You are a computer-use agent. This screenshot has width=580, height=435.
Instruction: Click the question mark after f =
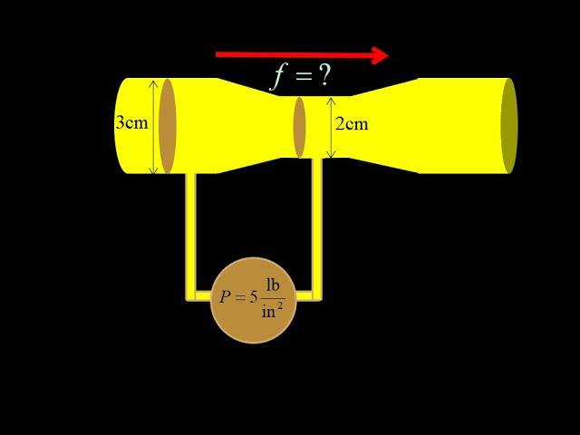click(324, 76)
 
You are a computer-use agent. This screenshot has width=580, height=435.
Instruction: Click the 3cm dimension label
click(131, 122)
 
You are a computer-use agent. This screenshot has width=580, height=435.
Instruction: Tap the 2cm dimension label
click(352, 124)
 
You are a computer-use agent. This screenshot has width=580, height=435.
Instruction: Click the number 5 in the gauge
click(254, 296)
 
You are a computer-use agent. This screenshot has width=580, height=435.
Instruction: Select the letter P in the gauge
click(226, 296)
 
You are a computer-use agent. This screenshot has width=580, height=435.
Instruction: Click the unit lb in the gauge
click(273, 285)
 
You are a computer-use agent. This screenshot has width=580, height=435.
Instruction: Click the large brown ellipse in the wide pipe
click(168, 126)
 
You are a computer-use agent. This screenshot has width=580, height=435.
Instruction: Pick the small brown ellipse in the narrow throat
click(300, 127)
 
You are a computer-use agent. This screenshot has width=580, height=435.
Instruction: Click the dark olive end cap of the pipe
click(509, 126)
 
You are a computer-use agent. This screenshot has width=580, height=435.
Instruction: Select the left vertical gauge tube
click(190, 231)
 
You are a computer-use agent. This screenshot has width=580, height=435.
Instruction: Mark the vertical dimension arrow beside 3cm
click(153, 126)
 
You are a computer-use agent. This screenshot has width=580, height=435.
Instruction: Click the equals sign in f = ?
click(301, 77)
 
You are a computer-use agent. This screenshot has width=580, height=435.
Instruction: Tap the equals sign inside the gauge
click(240, 297)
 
